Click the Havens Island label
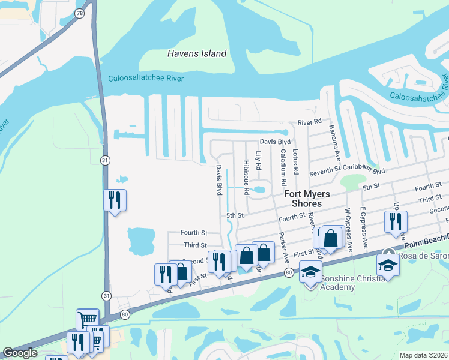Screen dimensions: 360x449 [x=196, y=54]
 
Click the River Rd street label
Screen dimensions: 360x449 [x=310, y=122]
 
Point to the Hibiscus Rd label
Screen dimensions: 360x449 [x=246, y=177]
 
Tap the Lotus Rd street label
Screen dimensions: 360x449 [x=296, y=162]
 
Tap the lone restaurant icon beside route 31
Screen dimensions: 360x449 [x=115, y=200]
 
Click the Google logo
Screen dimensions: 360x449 [x=20, y=353]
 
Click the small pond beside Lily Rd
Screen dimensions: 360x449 [x=259, y=190]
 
